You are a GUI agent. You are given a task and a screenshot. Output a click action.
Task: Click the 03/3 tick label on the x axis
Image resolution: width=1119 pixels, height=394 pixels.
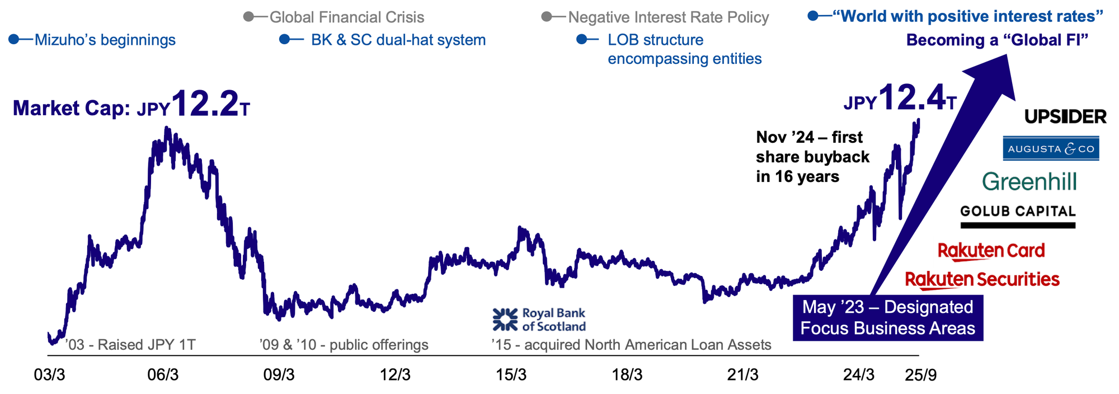(x=50, y=375)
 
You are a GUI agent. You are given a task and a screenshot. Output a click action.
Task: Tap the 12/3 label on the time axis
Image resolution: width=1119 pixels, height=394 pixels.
(x=395, y=375)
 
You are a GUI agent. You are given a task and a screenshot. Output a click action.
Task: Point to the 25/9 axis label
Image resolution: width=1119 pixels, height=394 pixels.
(x=920, y=375)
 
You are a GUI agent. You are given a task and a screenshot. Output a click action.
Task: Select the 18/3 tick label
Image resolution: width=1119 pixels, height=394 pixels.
(x=627, y=375)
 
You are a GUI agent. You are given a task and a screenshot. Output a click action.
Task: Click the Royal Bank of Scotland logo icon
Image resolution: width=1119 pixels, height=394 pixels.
(x=505, y=320)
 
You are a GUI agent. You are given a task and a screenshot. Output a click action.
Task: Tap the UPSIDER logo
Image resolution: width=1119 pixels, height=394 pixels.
(x=1065, y=116)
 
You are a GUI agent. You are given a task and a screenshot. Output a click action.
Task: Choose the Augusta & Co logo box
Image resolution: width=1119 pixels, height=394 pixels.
(x=1051, y=148)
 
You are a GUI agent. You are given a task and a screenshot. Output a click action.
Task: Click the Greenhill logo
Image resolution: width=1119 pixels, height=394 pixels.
(x=1029, y=182)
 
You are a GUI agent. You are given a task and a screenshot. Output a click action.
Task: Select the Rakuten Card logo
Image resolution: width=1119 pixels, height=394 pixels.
(x=991, y=251)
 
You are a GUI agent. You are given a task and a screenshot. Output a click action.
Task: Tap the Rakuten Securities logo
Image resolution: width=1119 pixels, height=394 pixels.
(x=982, y=279)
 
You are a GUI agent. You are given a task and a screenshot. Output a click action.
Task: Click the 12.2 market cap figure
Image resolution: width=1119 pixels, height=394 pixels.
(x=205, y=104)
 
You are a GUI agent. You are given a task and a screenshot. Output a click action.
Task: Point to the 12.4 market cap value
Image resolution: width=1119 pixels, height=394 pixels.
(x=912, y=98)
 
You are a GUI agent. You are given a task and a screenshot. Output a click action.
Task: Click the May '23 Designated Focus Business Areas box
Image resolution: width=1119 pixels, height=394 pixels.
(x=887, y=317)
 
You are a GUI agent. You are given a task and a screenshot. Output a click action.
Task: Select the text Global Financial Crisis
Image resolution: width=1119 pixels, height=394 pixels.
(x=347, y=17)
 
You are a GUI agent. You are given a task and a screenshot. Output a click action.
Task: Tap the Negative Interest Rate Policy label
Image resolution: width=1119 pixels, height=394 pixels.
(x=668, y=17)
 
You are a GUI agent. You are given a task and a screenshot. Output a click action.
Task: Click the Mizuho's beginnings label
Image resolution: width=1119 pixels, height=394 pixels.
(x=105, y=40)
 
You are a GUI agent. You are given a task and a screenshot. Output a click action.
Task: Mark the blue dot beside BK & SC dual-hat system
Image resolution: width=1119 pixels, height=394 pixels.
(x=284, y=40)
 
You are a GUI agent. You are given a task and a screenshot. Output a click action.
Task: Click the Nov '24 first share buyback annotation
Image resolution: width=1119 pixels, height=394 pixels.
(x=812, y=157)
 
